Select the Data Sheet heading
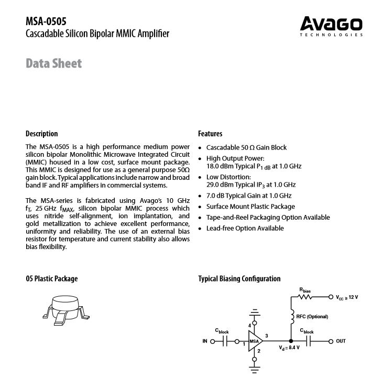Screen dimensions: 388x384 click(54, 64)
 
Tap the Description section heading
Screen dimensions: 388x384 click(42, 134)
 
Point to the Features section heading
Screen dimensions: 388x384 click(210, 134)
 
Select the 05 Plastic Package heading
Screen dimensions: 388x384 click(51, 279)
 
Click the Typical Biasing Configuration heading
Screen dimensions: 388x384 click(239, 279)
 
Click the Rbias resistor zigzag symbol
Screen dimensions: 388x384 click(304, 297)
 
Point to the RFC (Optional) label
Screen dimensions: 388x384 click(312, 317)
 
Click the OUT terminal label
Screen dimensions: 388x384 click(341, 341)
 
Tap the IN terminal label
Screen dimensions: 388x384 click(205, 341)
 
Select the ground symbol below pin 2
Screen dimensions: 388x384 click(255, 369)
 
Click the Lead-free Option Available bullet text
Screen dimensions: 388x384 click(245, 228)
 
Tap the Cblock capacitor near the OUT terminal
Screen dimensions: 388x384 click(308, 341)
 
